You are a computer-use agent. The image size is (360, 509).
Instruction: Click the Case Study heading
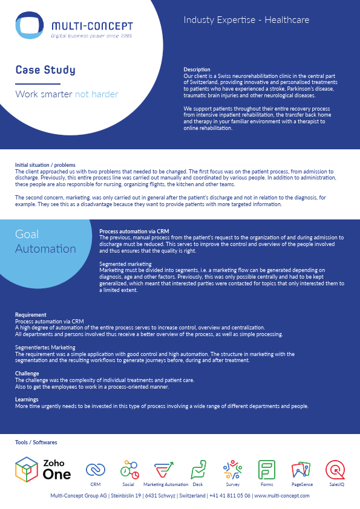[x=45, y=70]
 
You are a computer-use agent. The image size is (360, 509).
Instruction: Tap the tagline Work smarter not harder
[x=67, y=94]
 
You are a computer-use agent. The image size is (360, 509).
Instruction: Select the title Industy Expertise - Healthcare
[x=246, y=20]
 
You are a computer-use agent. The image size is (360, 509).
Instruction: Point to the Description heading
[x=197, y=70]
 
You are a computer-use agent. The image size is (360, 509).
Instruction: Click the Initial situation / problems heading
[x=45, y=164]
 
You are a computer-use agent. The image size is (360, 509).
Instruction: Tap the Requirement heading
[x=31, y=315]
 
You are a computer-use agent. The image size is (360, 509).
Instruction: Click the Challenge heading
[x=27, y=374]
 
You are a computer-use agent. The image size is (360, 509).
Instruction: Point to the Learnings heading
[x=27, y=400]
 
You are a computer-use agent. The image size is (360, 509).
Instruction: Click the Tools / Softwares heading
[x=36, y=443]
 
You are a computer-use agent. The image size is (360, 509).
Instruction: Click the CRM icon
[x=95, y=470]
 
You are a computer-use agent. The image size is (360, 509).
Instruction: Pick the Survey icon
[x=233, y=469]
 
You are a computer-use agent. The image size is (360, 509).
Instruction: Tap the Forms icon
[x=267, y=470]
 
